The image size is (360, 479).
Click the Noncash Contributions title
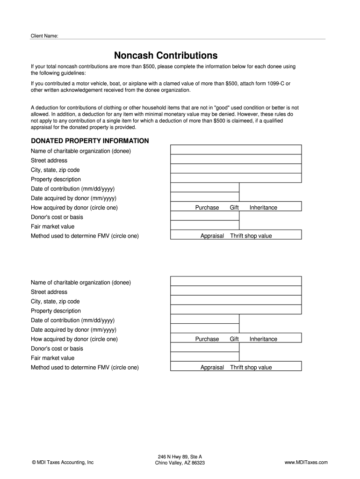[x=166, y=55]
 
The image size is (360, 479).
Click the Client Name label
[x=44, y=36]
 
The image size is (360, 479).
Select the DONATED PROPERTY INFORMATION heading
[x=90, y=141]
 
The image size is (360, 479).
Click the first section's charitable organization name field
[x=236, y=150]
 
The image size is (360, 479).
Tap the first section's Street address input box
[x=236, y=159]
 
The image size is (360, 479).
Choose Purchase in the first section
[x=207, y=208]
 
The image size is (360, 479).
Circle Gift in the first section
[x=234, y=208]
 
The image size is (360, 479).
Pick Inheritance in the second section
[x=263, y=339]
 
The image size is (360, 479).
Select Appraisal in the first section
[x=212, y=236]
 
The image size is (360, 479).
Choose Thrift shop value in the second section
[x=251, y=368]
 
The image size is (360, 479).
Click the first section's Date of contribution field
[x=205, y=188]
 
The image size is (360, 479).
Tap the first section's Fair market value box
[x=205, y=225]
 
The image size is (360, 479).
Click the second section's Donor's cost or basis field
[x=205, y=348]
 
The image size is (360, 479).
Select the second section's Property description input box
[x=236, y=310]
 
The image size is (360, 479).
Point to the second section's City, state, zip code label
[x=55, y=302]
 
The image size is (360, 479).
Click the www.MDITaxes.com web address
[x=306, y=463]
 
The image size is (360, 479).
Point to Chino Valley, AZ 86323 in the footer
[x=180, y=463]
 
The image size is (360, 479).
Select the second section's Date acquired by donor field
[x=205, y=328]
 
